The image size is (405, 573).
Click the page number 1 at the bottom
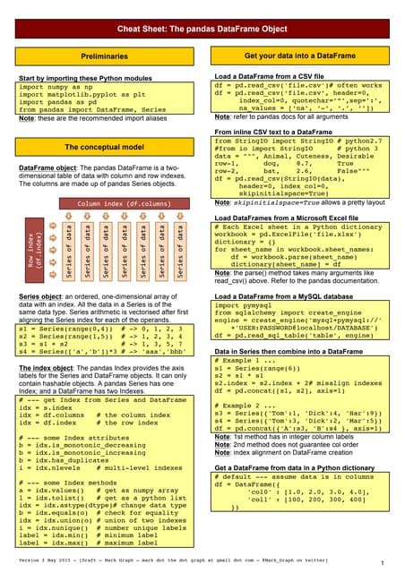[x=383, y=539]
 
